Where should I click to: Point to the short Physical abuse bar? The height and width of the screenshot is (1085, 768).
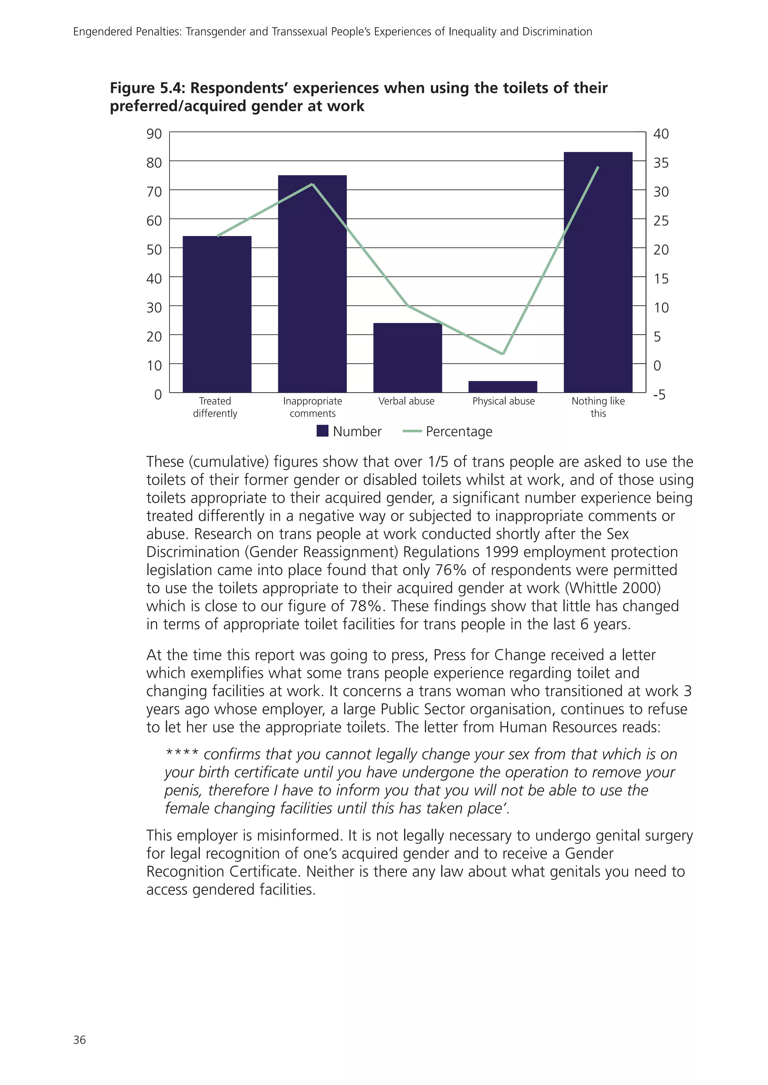[x=503, y=387]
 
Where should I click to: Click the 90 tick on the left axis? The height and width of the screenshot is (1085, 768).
[x=154, y=134]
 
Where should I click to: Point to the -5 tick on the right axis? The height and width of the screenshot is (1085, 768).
[x=659, y=395]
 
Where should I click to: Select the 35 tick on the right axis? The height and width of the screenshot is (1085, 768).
[x=661, y=163]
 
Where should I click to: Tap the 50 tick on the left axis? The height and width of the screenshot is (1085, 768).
[x=154, y=250]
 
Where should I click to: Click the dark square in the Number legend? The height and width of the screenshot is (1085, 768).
[x=322, y=431]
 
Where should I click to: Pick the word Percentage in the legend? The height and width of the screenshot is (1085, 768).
[x=459, y=432]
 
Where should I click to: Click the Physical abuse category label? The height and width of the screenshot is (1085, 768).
[x=503, y=401]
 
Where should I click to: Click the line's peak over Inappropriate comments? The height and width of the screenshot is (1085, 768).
[x=312, y=184]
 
